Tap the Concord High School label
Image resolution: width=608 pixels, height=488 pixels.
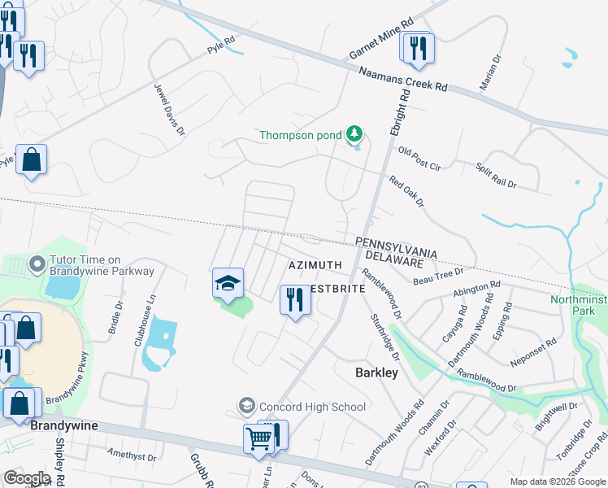tap(312, 406)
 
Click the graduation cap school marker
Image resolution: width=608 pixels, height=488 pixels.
tap(228, 282)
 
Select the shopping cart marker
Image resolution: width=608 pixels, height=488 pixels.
tap(259, 438)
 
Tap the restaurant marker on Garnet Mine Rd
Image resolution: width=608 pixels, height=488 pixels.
tap(418, 48)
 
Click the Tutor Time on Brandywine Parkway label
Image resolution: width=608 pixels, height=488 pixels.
tap(91, 265)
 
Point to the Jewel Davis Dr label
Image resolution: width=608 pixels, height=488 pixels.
tap(164, 113)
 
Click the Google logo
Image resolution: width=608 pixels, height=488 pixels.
tap(27, 477)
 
